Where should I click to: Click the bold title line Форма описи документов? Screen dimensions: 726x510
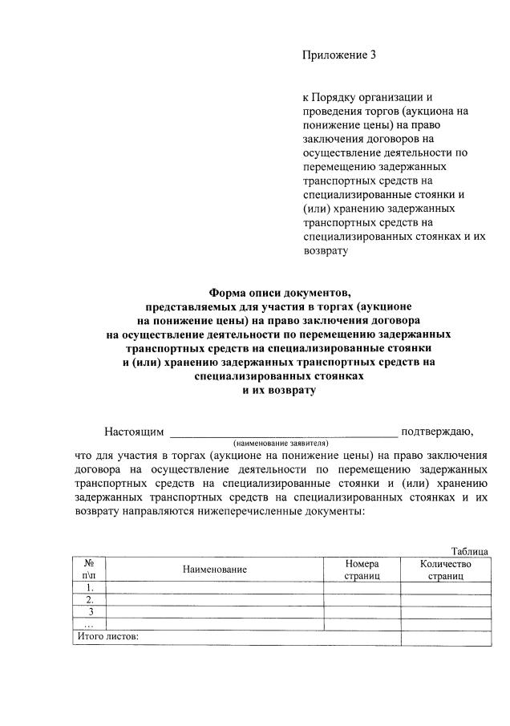tap(279, 292)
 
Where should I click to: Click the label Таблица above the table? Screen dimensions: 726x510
tap(470, 551)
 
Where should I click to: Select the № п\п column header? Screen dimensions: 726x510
tap(89, 570)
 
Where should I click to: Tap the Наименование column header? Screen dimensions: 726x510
tap(214, 570)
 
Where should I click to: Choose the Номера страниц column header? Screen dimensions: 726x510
tap(362, 570)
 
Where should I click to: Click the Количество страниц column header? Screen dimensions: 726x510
tap(445, 570)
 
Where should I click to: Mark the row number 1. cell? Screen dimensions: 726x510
tap(89, 587)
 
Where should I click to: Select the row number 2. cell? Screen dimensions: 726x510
tap(89, 599)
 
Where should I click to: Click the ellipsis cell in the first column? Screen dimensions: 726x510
tap(89, 624)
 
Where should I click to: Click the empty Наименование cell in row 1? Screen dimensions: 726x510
tap(214, 587)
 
